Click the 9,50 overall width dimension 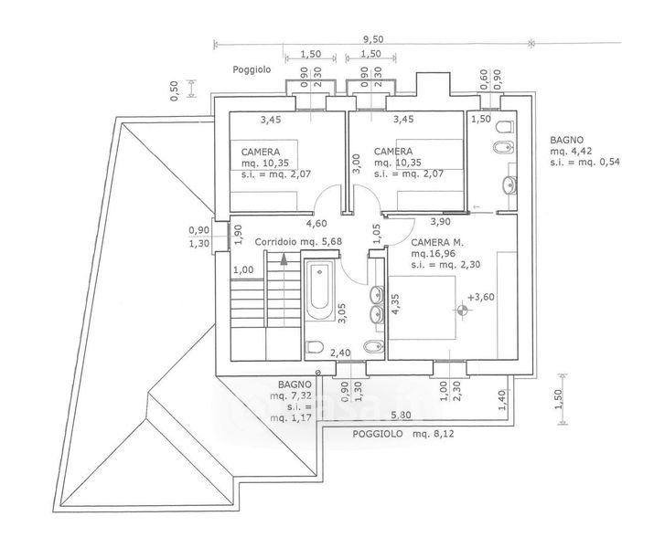pos(371,38)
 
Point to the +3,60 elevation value pos(480,297)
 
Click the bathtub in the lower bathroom pos(320,291)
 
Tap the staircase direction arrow pos(284,259)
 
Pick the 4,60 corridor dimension pos(316,223)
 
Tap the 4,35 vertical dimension pos(395,304)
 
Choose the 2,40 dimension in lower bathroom pos(339,353)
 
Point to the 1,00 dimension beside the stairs pos(243,269)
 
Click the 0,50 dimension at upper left pos(175,90)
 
